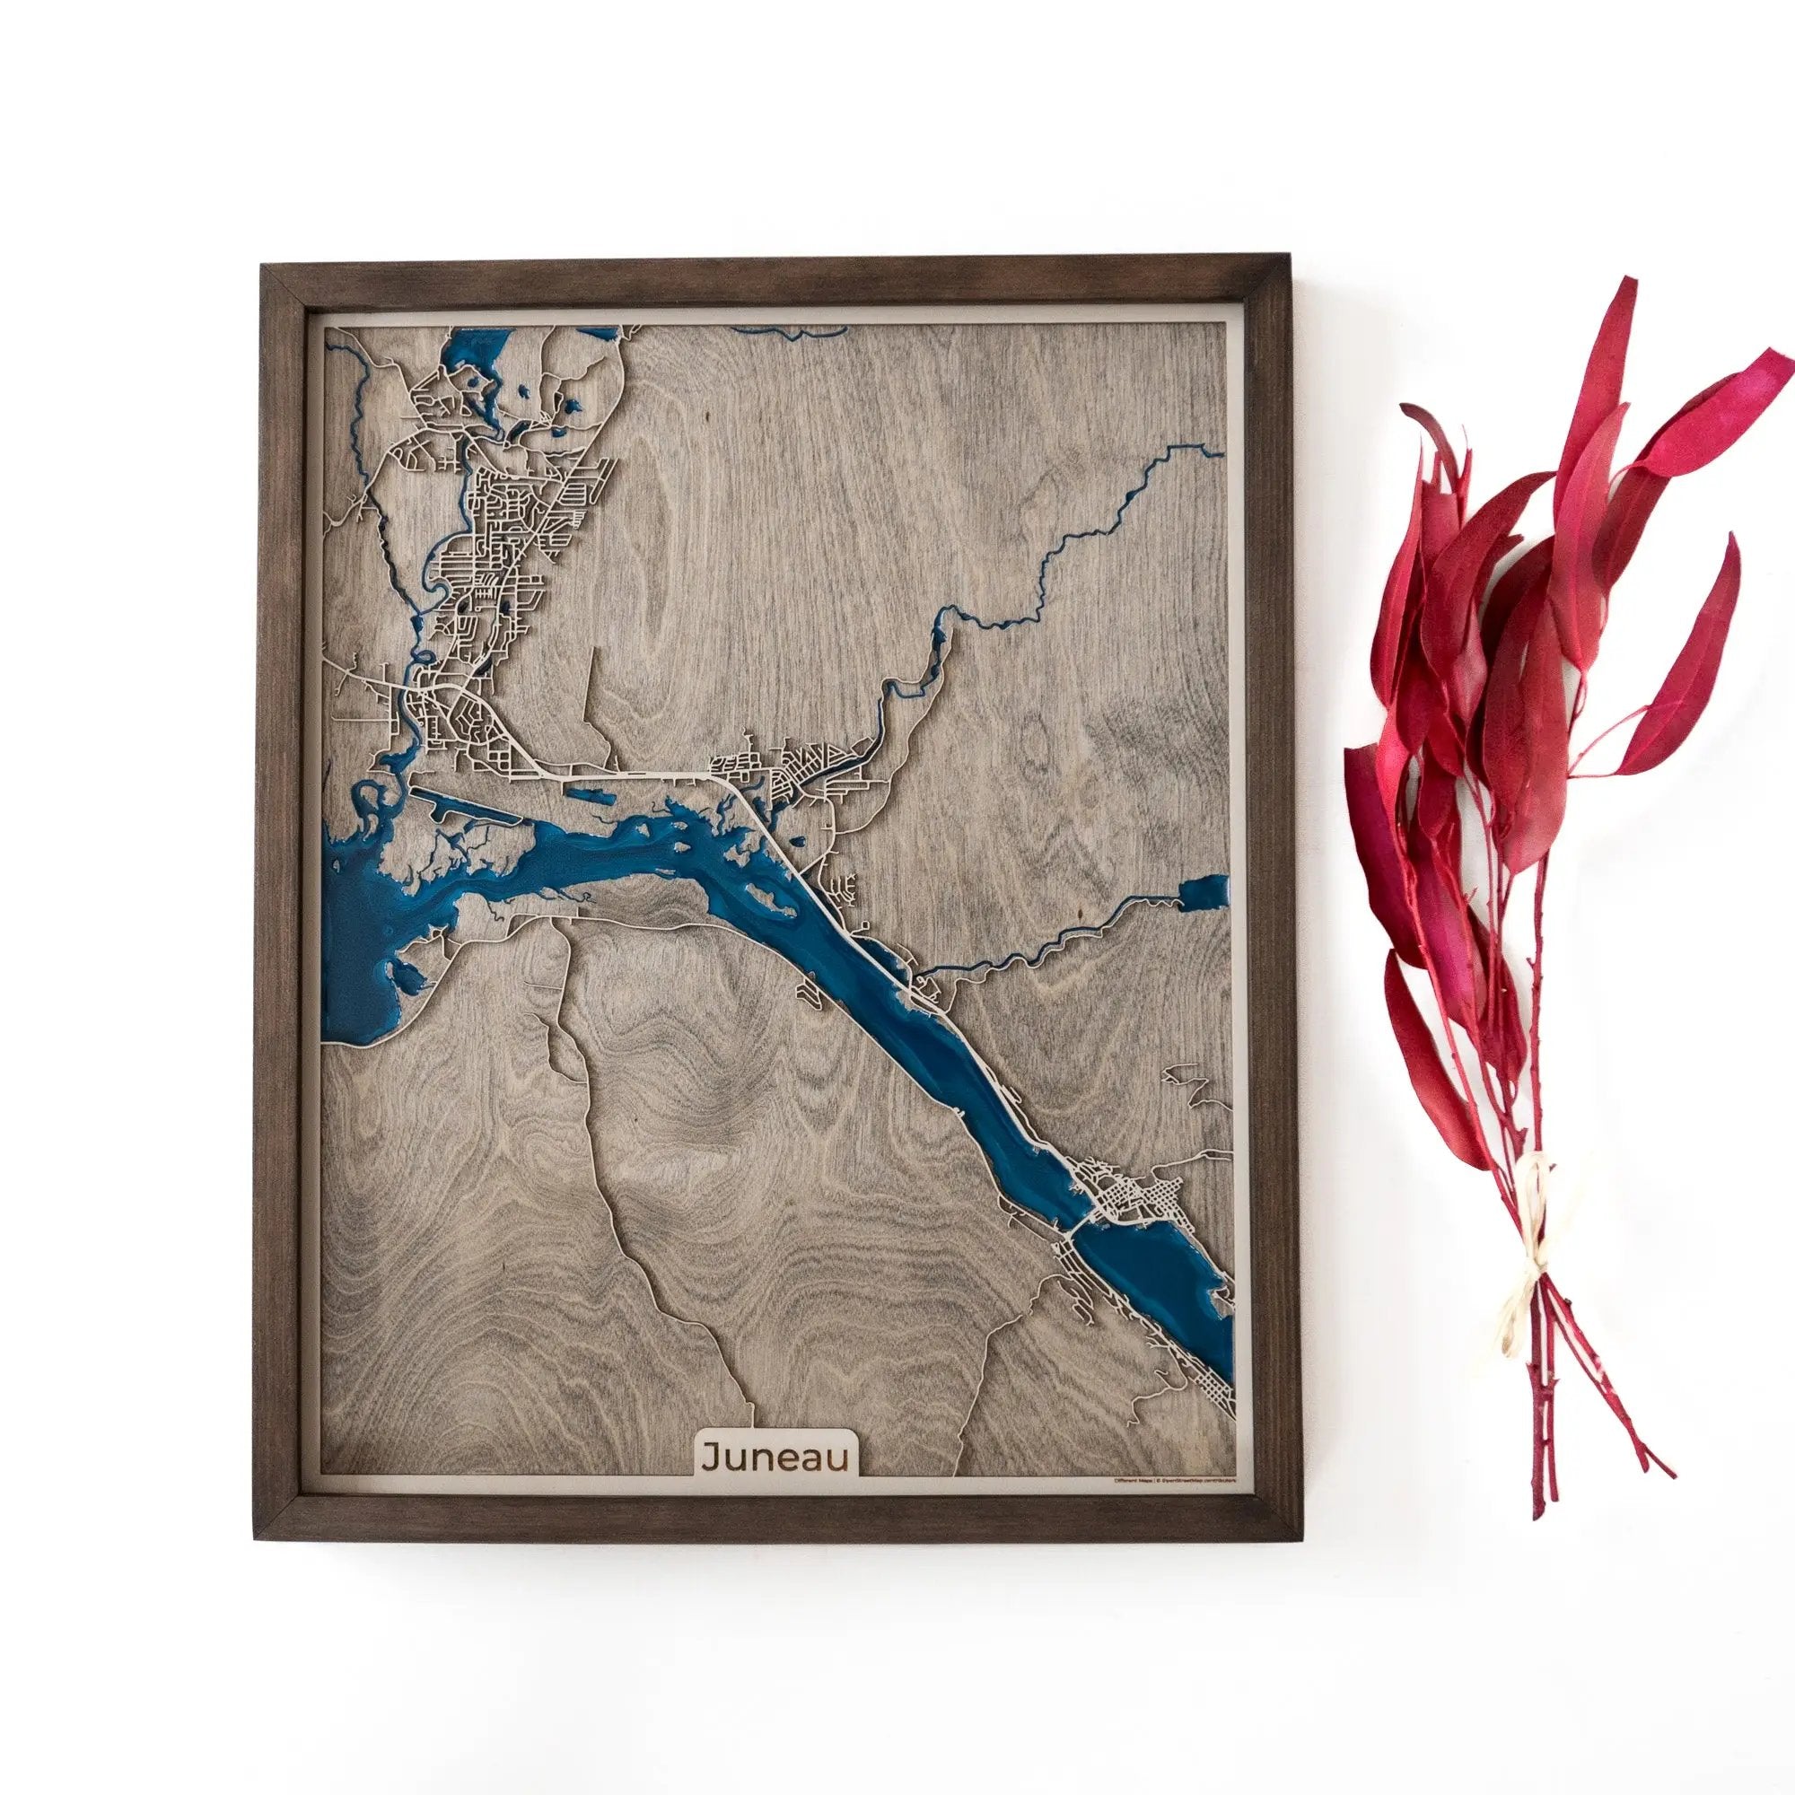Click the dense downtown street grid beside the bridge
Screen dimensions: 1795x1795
[1129, 1208]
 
